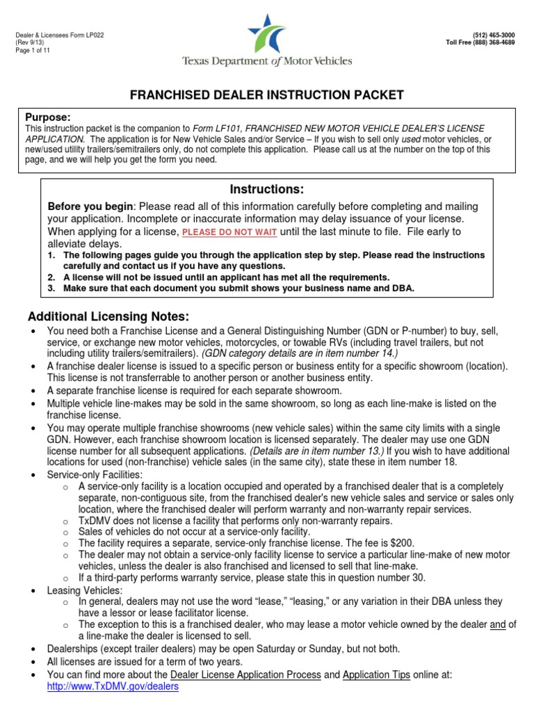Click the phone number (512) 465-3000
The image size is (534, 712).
[x=496, y=35]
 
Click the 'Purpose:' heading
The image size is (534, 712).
[x=48, y=117]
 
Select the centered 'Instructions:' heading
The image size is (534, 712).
[x=267, y=189]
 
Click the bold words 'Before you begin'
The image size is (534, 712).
[x=90, y=207]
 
